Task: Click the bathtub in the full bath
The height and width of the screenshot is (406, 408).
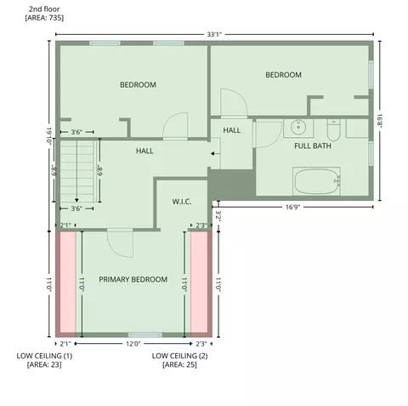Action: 316,181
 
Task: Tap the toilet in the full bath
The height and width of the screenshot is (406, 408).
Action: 333,130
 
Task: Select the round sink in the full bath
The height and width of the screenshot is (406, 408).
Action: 298,127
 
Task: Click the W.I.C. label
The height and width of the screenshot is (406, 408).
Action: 182,202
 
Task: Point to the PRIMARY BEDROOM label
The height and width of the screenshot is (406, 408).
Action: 133,279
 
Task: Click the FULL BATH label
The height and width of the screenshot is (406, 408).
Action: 313,146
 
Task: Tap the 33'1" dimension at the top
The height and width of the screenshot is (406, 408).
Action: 214,35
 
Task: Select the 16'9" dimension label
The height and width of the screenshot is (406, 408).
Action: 292,207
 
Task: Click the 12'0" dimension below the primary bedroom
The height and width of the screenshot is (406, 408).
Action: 133,344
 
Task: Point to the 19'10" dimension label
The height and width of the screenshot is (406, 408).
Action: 49,136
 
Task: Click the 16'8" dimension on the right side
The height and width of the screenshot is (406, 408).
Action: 379,121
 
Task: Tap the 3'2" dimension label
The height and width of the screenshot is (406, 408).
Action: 218,215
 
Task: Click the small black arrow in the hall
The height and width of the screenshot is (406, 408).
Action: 215,154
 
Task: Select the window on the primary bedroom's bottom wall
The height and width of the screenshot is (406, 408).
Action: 145,335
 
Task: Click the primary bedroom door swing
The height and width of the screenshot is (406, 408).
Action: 121,243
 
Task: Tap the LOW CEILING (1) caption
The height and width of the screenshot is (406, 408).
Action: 44,356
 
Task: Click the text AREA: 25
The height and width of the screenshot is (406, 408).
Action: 179,364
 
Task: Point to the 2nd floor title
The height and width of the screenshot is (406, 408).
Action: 44,9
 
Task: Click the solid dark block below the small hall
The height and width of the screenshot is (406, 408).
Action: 232,184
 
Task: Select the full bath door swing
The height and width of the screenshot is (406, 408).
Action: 268,134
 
